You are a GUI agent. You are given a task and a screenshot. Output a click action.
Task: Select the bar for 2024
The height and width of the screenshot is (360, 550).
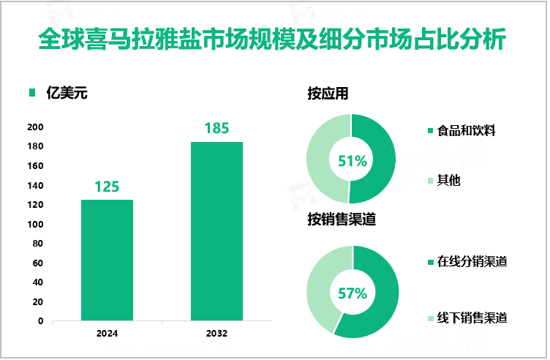(107, 260)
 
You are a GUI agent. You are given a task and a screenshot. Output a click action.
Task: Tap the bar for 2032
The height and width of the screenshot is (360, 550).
(216, 230)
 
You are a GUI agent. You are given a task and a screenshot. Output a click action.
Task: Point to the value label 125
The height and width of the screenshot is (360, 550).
(107, 187)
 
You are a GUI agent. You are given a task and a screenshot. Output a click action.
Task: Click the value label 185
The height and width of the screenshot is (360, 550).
(216, 129)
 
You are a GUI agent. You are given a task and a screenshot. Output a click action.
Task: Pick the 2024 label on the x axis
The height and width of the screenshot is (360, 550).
(107, 334)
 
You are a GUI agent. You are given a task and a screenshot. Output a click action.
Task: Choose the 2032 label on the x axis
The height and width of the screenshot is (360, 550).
(216, 334)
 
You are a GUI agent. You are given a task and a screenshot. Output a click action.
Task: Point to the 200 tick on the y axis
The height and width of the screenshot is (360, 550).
(36, 127)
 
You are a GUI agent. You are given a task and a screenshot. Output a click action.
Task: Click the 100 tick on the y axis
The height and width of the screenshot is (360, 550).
(36, 225)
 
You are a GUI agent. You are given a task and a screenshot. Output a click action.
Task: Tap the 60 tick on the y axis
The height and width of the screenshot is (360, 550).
(38, 263)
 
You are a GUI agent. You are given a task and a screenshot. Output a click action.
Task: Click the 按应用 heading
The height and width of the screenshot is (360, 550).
(328, 94)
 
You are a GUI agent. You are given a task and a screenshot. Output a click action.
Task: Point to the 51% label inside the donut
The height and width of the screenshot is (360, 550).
(351, 160)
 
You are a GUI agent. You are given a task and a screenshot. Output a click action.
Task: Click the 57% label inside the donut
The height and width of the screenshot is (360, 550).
(353, 293)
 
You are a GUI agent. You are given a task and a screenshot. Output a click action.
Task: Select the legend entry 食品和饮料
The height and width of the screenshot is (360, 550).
(467, 132)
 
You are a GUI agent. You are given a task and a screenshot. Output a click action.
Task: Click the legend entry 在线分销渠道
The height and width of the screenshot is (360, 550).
(472, 262)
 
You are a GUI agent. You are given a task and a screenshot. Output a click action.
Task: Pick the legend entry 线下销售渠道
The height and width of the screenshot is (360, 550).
(472, 318)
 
